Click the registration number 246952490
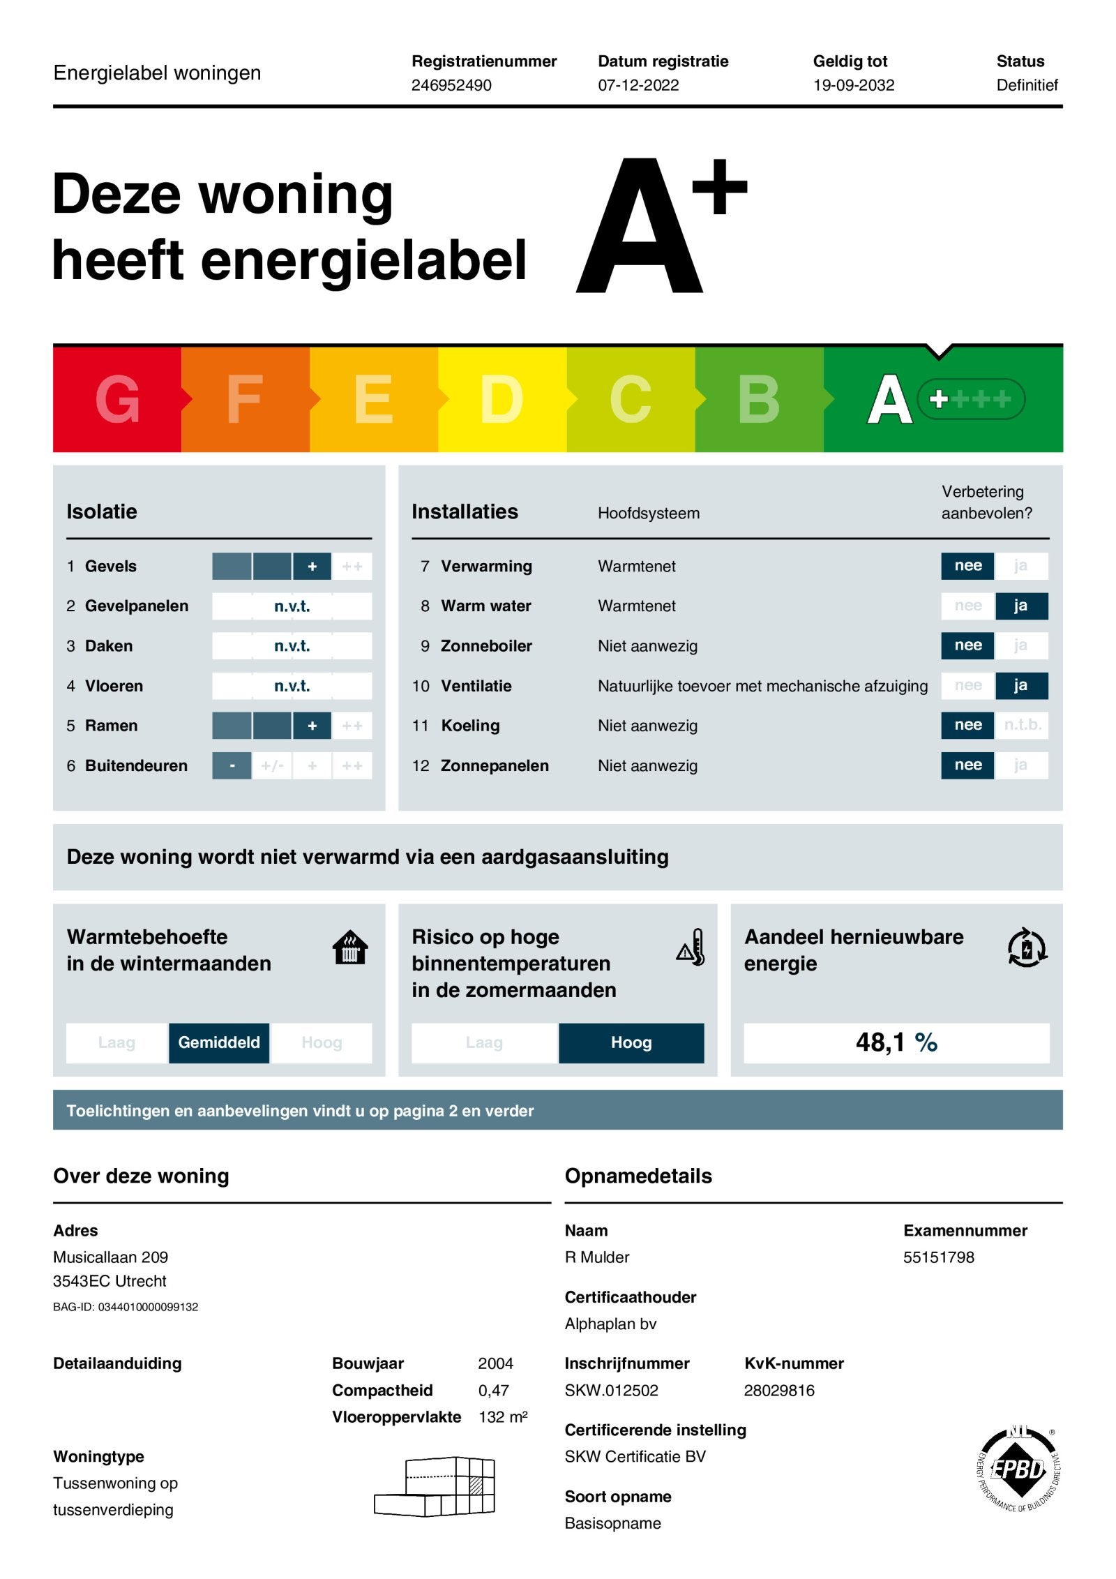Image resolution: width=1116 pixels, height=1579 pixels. tap(451, 85)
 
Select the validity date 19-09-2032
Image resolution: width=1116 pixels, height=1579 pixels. tap(853, 85)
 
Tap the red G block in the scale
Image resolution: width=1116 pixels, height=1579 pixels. tap(117, 399)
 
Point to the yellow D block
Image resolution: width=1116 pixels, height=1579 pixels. tap(502, 399)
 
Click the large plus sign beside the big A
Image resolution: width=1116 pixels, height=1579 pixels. tap(719, 187)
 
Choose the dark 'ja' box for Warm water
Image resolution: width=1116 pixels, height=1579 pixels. tap(1020, 606)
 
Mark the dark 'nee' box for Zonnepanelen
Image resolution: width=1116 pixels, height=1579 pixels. tap(967, 765)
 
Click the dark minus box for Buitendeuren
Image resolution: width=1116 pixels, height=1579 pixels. tap(232, 765)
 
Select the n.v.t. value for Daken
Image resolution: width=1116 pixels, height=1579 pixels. tap(292, 646)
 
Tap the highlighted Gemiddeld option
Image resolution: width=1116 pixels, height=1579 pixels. tap(219, 1042)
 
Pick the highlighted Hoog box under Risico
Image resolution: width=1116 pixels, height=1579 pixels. tap(631, 1042)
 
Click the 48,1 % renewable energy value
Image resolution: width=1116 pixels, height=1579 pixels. tap(896, 1042)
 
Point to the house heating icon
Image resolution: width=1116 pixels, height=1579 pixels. tap(350, 948)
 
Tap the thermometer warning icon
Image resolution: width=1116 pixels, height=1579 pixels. tap(691, 948)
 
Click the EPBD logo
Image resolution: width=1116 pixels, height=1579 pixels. tap(1018, 1469)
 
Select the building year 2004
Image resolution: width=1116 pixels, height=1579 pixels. tap(495, 1363)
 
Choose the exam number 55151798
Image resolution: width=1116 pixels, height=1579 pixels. tap(938, 1257)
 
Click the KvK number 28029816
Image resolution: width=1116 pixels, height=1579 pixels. tap(779, 1391)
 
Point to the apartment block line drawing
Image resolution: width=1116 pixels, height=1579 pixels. tap(435, 1486)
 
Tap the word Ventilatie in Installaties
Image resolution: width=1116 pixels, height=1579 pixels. tap(476, 686)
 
